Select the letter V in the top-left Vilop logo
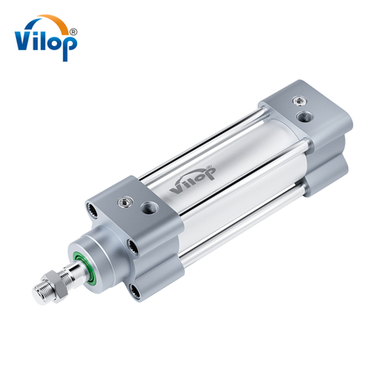[x=25, y=38]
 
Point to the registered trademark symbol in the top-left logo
[x=73, y=30]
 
